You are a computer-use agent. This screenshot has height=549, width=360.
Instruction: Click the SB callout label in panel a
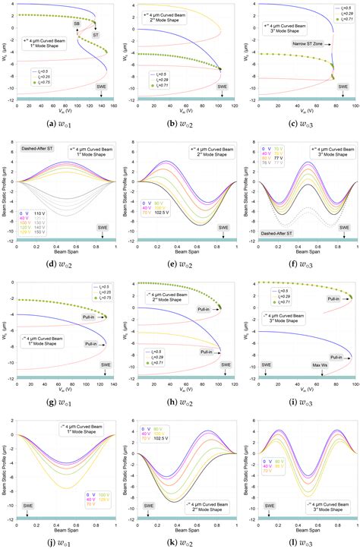[x=77, y=24]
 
